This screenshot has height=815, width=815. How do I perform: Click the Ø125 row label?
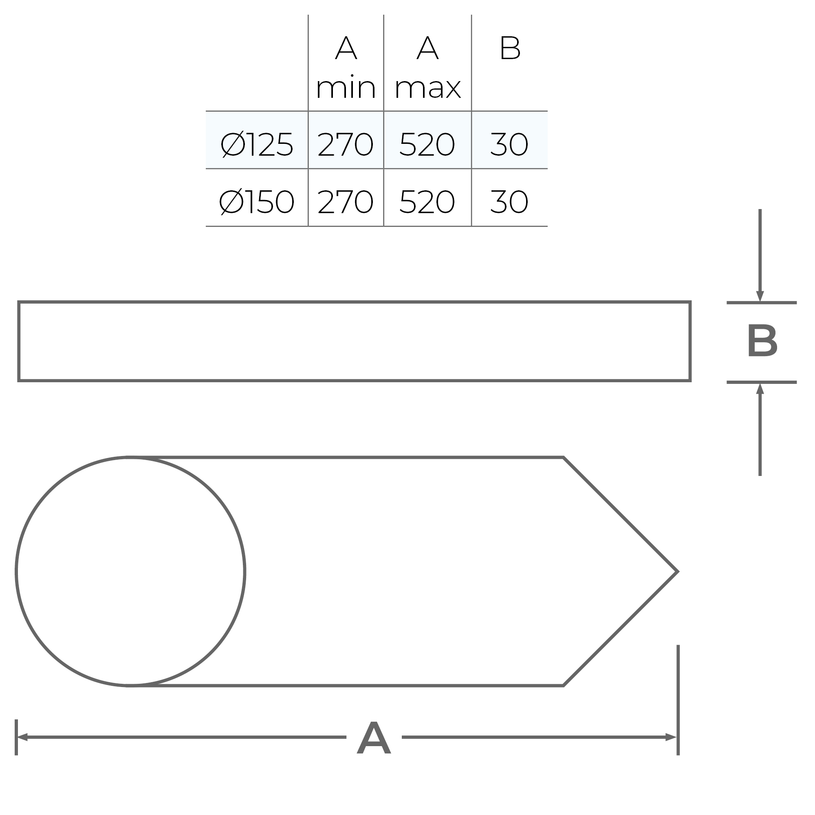(x=257, y=144)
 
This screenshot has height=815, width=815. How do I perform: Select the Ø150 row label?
(x=257, y=202)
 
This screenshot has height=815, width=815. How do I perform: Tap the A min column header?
(x=346, y=68)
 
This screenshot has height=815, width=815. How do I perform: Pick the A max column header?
(x=427, y=68)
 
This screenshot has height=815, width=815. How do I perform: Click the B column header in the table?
(x=510, y=48)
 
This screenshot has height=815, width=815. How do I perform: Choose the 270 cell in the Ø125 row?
(x=346, y=144)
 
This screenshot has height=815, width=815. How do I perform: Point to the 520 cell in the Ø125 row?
(x=427, y=144)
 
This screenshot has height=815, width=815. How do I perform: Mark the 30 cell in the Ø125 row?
(x=509, y=144)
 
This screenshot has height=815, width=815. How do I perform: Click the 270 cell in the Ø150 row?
(x=346, y=202)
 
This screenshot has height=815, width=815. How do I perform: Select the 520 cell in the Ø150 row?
(x=427, y=202)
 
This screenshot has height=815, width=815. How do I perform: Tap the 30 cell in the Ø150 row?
(x=509, y=202)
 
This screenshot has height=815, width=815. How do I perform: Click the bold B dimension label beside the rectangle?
(x=762, y=342)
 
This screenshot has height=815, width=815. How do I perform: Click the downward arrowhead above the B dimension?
(x=760, y=296)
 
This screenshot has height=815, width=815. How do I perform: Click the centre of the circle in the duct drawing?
(x=130, y=572)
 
